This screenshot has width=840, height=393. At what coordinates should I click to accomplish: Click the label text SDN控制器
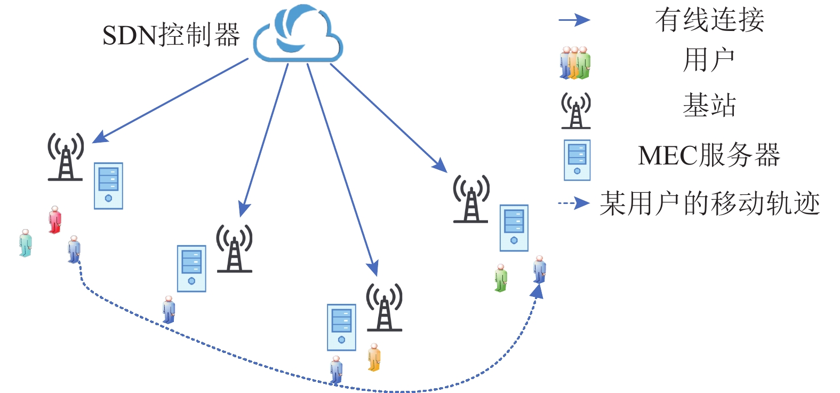pyautogui.click(x=171, y=35)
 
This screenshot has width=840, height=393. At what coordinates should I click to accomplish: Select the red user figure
pyautogui.click(x=54, y=219)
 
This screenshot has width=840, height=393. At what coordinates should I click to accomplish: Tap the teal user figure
pyautogui.click(x=25, y=243)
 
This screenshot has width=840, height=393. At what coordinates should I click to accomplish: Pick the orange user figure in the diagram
pyautogui.click(x=374, y=357)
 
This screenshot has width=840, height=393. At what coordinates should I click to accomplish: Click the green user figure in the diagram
pyautogui.click(x=500, y=278)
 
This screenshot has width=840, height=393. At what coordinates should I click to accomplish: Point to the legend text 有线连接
pyautogui.click(x=709, y=20)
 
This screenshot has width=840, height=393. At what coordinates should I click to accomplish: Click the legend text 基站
pyautogui.click(x=709, y=105)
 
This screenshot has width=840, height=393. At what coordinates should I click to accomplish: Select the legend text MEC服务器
pyautogui.click(x=709, y=155)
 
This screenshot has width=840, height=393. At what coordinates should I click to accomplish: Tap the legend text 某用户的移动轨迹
pyautogui.click(x=709, y=203)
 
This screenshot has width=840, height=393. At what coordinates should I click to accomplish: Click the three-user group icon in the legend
pyautogui.click(x=575, y=63)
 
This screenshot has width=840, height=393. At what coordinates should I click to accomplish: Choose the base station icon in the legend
pyautogui.click(x=575, y=110)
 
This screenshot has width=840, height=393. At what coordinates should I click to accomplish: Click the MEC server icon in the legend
pyautogui.click(x=577, y=160)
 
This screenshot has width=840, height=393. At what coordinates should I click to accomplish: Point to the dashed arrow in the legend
pyautogui.click(x=574, y=203)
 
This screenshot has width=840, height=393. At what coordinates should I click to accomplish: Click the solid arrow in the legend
pyautogui.click(x=574, y=20)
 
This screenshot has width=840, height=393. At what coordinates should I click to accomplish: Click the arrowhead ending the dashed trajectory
pyautogui.click(x=537, y=291)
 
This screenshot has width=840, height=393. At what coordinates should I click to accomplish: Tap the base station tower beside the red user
pyautogui.click(x=66, y=157)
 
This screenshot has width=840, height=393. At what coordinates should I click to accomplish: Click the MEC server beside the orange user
pyautogui.click(x=341, y=327)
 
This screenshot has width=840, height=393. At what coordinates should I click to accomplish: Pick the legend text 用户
pyautogui.click(x=709, y=59)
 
